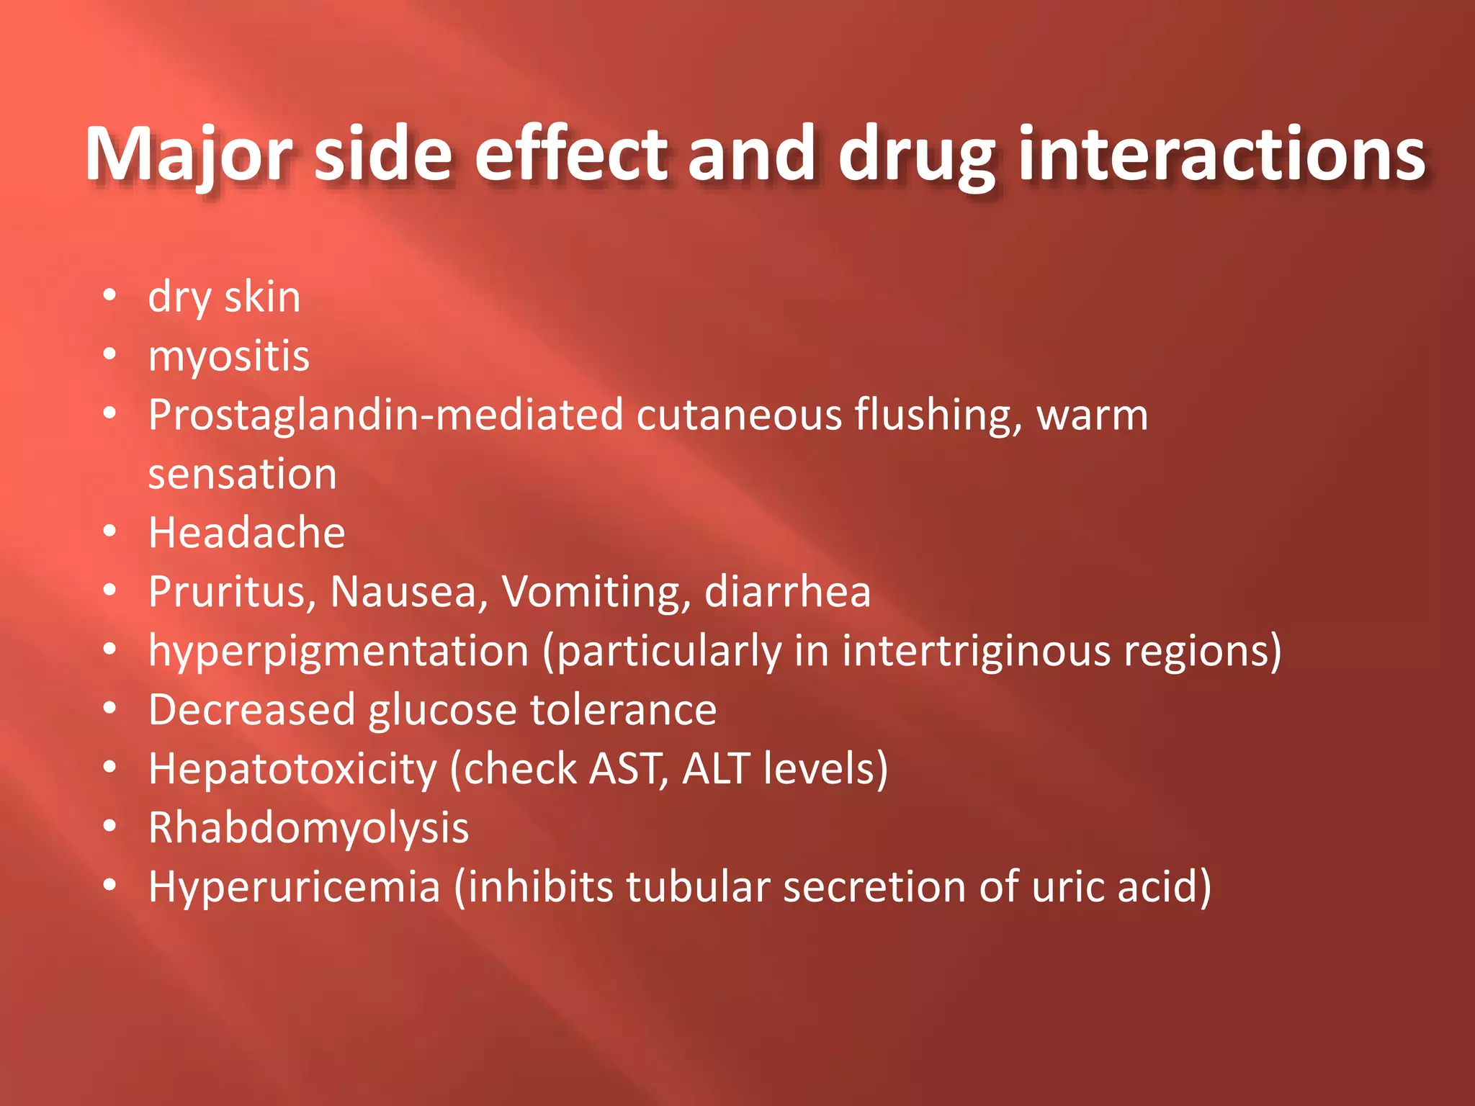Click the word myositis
click(228, 356)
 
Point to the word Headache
click(246, 533)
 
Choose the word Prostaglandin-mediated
click(385, 415)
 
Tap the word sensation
click(242, 475)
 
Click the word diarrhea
click(787, 592)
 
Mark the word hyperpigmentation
click(339, 651)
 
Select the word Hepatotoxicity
click(292, 769)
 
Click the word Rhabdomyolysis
click(308, 828)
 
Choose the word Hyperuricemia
click(294, 886)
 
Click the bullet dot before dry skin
click(109, 295)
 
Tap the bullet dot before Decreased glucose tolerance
click(109, 709)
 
